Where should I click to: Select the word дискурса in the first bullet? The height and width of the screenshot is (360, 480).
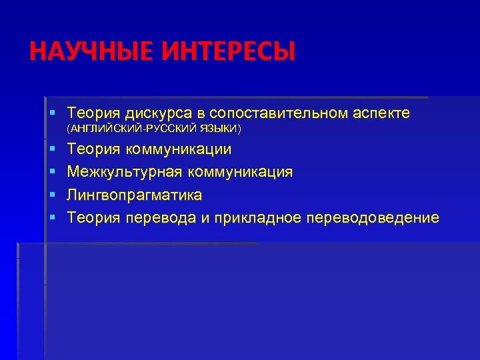pos(152,114)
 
